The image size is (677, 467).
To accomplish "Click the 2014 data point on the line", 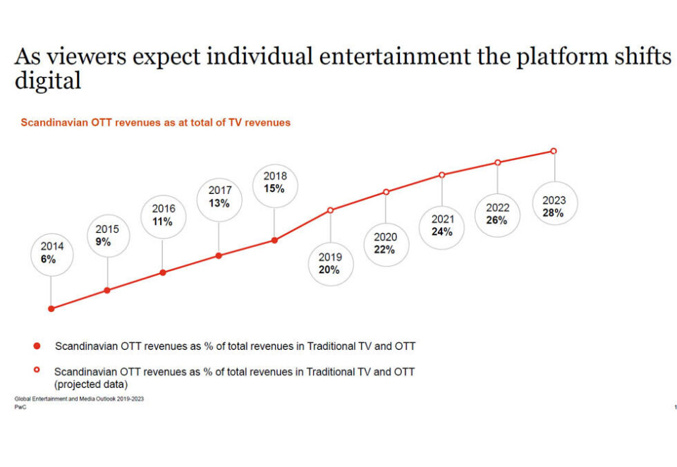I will [x=51, y=308].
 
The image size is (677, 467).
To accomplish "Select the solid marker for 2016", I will [x=163, y=272].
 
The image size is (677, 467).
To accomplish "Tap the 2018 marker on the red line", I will [x=274, y=240].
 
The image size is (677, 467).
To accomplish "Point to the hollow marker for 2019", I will [x=330, y=210].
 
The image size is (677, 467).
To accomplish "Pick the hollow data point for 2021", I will [x=442, y=174].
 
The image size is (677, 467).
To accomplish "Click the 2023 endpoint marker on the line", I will [x=554, y=151].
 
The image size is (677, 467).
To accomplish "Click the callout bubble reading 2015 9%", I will [x=107, y=236].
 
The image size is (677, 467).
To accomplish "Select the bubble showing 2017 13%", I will [x=219, y=197].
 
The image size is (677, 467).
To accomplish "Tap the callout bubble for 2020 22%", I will [x=385, y=243].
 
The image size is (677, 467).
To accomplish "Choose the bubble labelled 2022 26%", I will [x=496, y=214].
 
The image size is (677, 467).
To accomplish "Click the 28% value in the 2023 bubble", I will [x=554, y=213].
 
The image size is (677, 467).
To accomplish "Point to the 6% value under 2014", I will [x=48, y=260].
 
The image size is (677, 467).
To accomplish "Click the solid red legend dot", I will [x=37, y=346].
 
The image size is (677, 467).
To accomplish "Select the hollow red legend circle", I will [x=37, y=370].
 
